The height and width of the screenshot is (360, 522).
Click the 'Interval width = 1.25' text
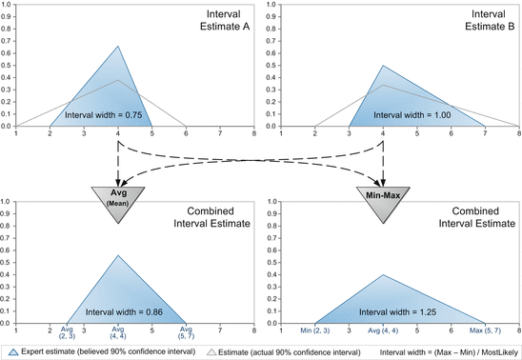tap(383, 311)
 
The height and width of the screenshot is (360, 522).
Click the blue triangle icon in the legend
tap(11, 350)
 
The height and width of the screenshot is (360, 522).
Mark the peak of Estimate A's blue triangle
tap(118, 46)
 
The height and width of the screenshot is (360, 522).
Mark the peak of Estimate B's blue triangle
tap(383, 66)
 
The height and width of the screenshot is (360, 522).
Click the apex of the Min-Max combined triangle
tap(383, 274)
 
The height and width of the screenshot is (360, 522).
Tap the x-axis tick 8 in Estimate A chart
tap(253, 135)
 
